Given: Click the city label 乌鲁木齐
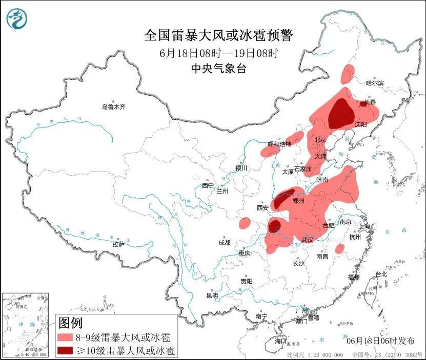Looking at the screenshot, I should click(113, 107).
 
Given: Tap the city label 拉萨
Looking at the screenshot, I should click(118, 244).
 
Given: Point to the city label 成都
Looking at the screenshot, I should click(224, 243).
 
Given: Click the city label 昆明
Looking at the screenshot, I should click(212, 295).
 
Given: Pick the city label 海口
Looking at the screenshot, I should click(280, 341).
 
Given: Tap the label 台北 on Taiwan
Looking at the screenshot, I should click(381, 274).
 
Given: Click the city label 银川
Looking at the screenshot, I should click(241, 168).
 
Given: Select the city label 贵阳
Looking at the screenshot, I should click(246, 281).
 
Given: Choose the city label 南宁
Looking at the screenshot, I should click(261, 316).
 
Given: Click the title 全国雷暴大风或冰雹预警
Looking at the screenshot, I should click(218, 35).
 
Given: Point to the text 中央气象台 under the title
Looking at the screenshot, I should click(218, 69).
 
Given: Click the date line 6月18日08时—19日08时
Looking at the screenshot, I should click(218, 53).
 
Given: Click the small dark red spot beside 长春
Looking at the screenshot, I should click(363, 103).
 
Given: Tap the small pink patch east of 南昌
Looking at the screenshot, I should click(339, 249).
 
